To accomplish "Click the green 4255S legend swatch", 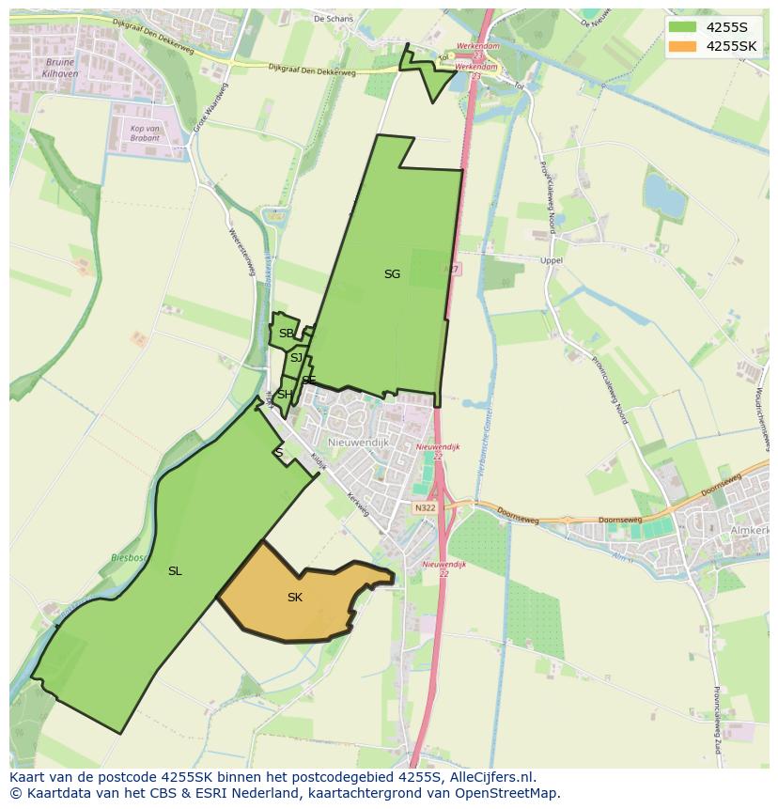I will [x=683, y=27].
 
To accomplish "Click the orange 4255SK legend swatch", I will [x=683, y=46].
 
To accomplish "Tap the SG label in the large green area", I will [x=392, y=274].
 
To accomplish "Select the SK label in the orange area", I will [x=295, y=598].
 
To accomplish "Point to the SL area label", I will [x=175, y=571].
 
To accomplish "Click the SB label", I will [x=286, y=334].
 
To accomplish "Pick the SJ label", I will [x=296, y=358].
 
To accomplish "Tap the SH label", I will [x=284, y=395].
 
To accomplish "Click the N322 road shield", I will [x=425, y=507].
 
